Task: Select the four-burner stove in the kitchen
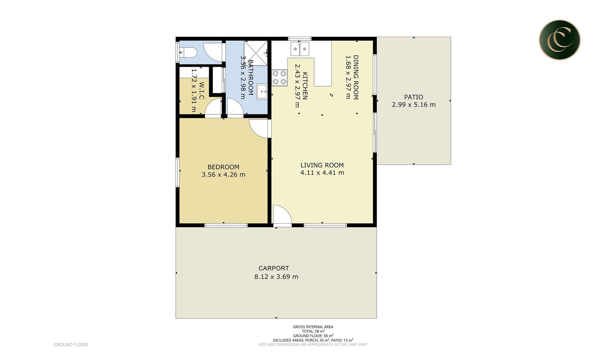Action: [280, 78]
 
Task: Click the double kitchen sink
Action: [300, 49]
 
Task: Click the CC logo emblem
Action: [560, 40]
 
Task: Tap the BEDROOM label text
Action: [223, 167]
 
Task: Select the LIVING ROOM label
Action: [322, 165]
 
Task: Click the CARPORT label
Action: [274, 268]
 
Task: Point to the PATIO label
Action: [413, 97]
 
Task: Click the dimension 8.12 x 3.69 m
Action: [276, 276]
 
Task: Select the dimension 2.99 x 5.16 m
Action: [413, 105]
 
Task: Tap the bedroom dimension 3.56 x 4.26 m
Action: [223, 174]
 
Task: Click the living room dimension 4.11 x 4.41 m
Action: [322, 173]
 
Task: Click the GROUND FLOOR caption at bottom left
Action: [71, 345]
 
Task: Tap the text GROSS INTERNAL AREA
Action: [313, 327]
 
